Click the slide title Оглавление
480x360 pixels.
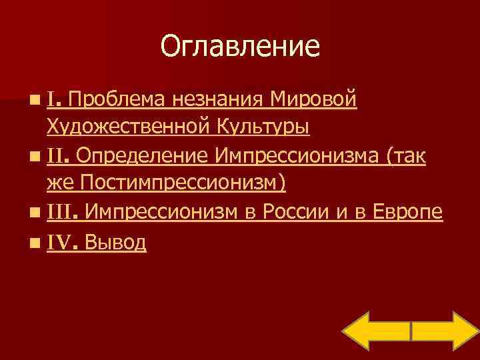click(x=240, y=47)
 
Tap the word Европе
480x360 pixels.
click(x=408, y=213)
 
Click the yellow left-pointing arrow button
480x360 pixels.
click(x=377, y=331)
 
